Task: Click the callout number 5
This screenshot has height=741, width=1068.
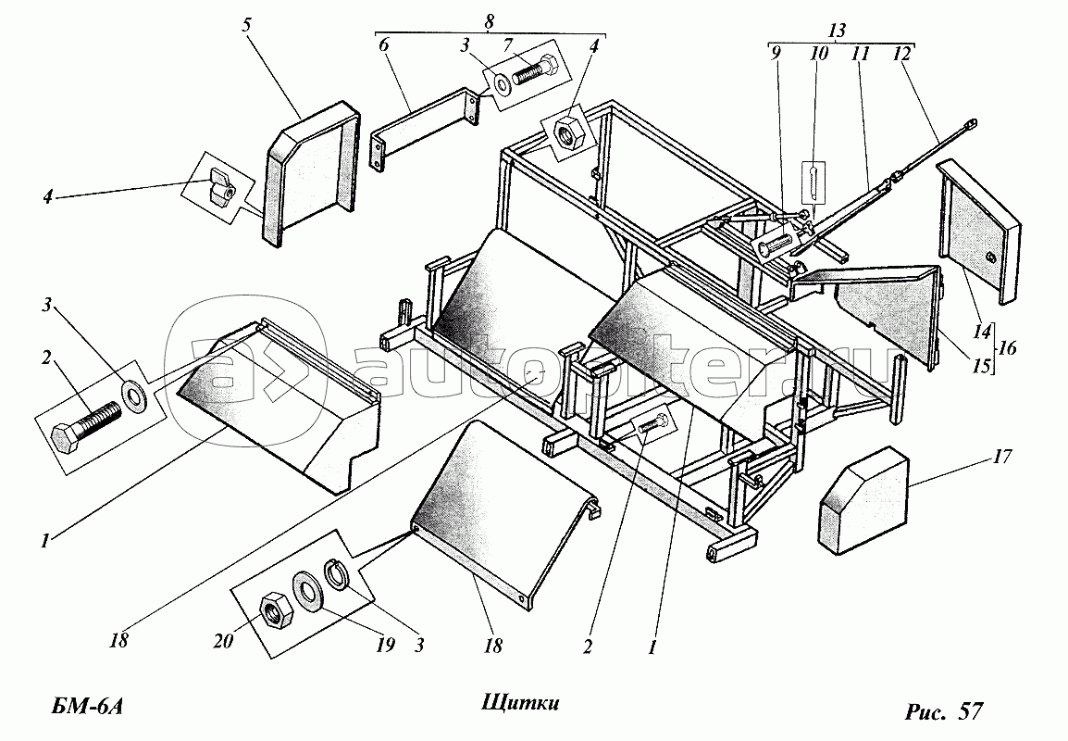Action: (x=247, y=24)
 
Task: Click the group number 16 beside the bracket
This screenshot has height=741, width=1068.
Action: (x=1007, y=349)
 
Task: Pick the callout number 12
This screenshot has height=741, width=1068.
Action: (x=900, y=54)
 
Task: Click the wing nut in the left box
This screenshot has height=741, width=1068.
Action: (x=220, y=184)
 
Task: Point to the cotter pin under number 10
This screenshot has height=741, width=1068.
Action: (x=810, y=182)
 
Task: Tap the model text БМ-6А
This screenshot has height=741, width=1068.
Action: (x=84, y=709)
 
